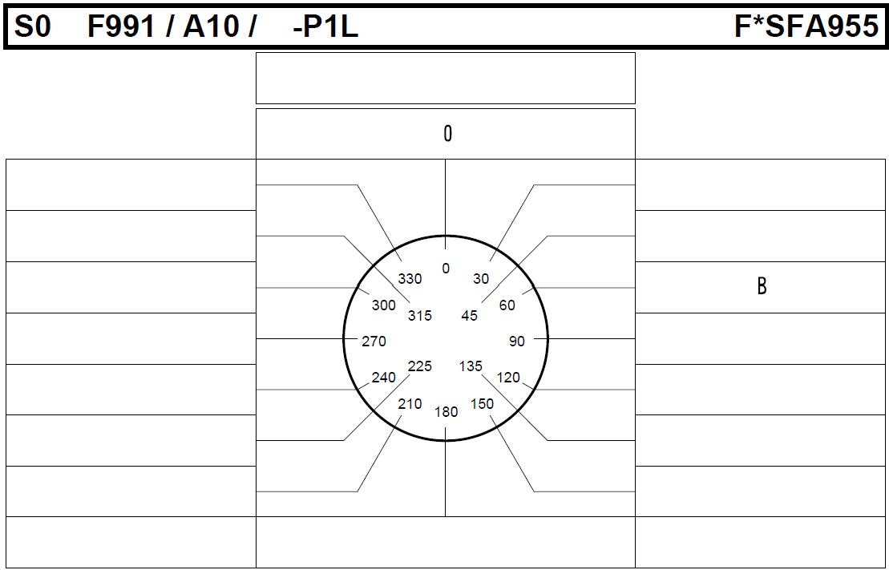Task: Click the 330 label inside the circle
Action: point(410,278)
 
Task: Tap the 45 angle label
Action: point(470,316)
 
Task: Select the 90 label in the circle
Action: point(517,341)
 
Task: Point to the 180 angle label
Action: point(447,412)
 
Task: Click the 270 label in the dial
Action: point(374,341)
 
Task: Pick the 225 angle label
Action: point(420,366)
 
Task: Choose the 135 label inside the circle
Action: point(471,366)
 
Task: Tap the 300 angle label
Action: point(384,305)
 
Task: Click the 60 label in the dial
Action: point(507,305)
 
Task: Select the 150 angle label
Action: point(482,404)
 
